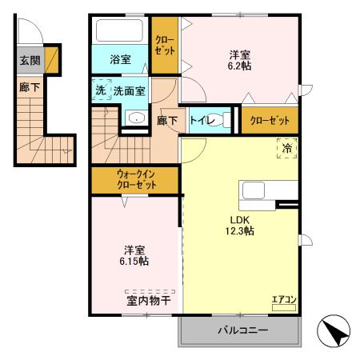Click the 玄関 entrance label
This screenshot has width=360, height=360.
[30, 60]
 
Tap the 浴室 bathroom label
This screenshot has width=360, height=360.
[121, 58]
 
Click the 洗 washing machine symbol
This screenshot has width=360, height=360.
[100, 91]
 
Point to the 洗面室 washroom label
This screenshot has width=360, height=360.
[129, 91]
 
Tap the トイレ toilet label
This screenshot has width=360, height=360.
[201, 119]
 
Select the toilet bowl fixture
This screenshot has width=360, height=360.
[226, 120]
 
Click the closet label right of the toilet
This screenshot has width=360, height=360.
[269, 120]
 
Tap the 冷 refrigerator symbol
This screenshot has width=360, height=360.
[286, 147]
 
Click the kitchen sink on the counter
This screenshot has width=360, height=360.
[254, 191]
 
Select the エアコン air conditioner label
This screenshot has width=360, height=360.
[284, 300]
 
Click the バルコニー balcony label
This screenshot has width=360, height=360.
[241, 330]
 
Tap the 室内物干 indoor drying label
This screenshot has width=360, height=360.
[149, 301]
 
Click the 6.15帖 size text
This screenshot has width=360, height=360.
[133, 260]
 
